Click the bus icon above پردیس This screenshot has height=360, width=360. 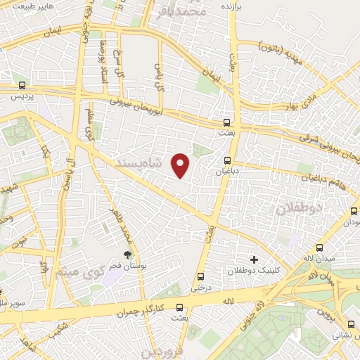pos(23,86)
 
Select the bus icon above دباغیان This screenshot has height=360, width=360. pos(227,160)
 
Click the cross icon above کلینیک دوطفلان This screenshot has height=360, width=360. pos(254,259)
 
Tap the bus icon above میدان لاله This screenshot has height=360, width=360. pos(321,247)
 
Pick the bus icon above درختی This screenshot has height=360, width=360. pos(202,276)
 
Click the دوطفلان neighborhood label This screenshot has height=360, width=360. pos(298,207)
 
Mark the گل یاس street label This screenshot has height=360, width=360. pos(159,74)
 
